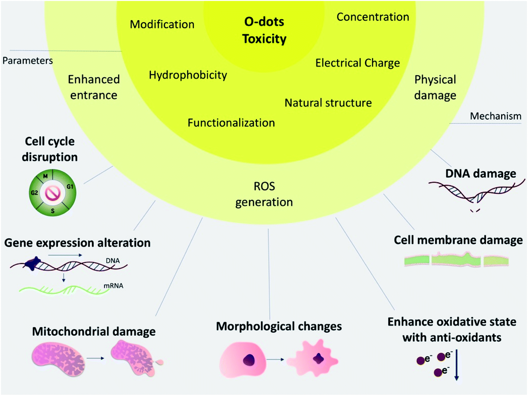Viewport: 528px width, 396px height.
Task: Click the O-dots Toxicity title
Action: click(x=264, y=30)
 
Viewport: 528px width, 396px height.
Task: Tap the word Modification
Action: click(x=162, y=25)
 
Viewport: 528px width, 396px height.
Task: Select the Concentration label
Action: click(x=373, y=17)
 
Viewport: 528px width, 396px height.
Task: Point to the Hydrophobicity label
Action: click(x=188, y=75)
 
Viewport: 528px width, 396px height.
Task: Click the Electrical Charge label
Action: click(x=357, y=63)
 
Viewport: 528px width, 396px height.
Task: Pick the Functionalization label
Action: click(x=231, y=123)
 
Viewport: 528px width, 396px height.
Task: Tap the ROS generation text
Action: click(x=264, y=194)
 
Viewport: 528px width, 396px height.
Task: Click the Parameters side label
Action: click(x=28, y=61)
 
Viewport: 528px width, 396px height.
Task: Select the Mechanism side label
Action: click(x=495, y=116)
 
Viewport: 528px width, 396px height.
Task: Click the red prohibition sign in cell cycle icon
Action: click(x=53, y=193)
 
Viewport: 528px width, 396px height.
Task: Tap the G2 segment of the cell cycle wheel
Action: click(x=34, y=193)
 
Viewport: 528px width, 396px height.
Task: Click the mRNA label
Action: click(x=113, y=286)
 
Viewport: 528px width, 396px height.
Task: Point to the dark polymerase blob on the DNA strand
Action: click(x=32, y=264)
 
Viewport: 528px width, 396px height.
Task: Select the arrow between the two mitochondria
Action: click(x=96, y=358)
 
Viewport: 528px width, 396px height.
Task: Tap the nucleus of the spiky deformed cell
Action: click(x=318, y=358)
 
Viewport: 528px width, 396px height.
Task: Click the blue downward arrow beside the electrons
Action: click(x=457, y=364)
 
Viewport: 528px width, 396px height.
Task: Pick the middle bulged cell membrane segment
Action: click(x=456, y=259)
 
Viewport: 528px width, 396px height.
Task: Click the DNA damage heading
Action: click(x=480, y=173)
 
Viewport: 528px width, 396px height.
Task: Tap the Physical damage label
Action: click(x=435, y=87)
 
